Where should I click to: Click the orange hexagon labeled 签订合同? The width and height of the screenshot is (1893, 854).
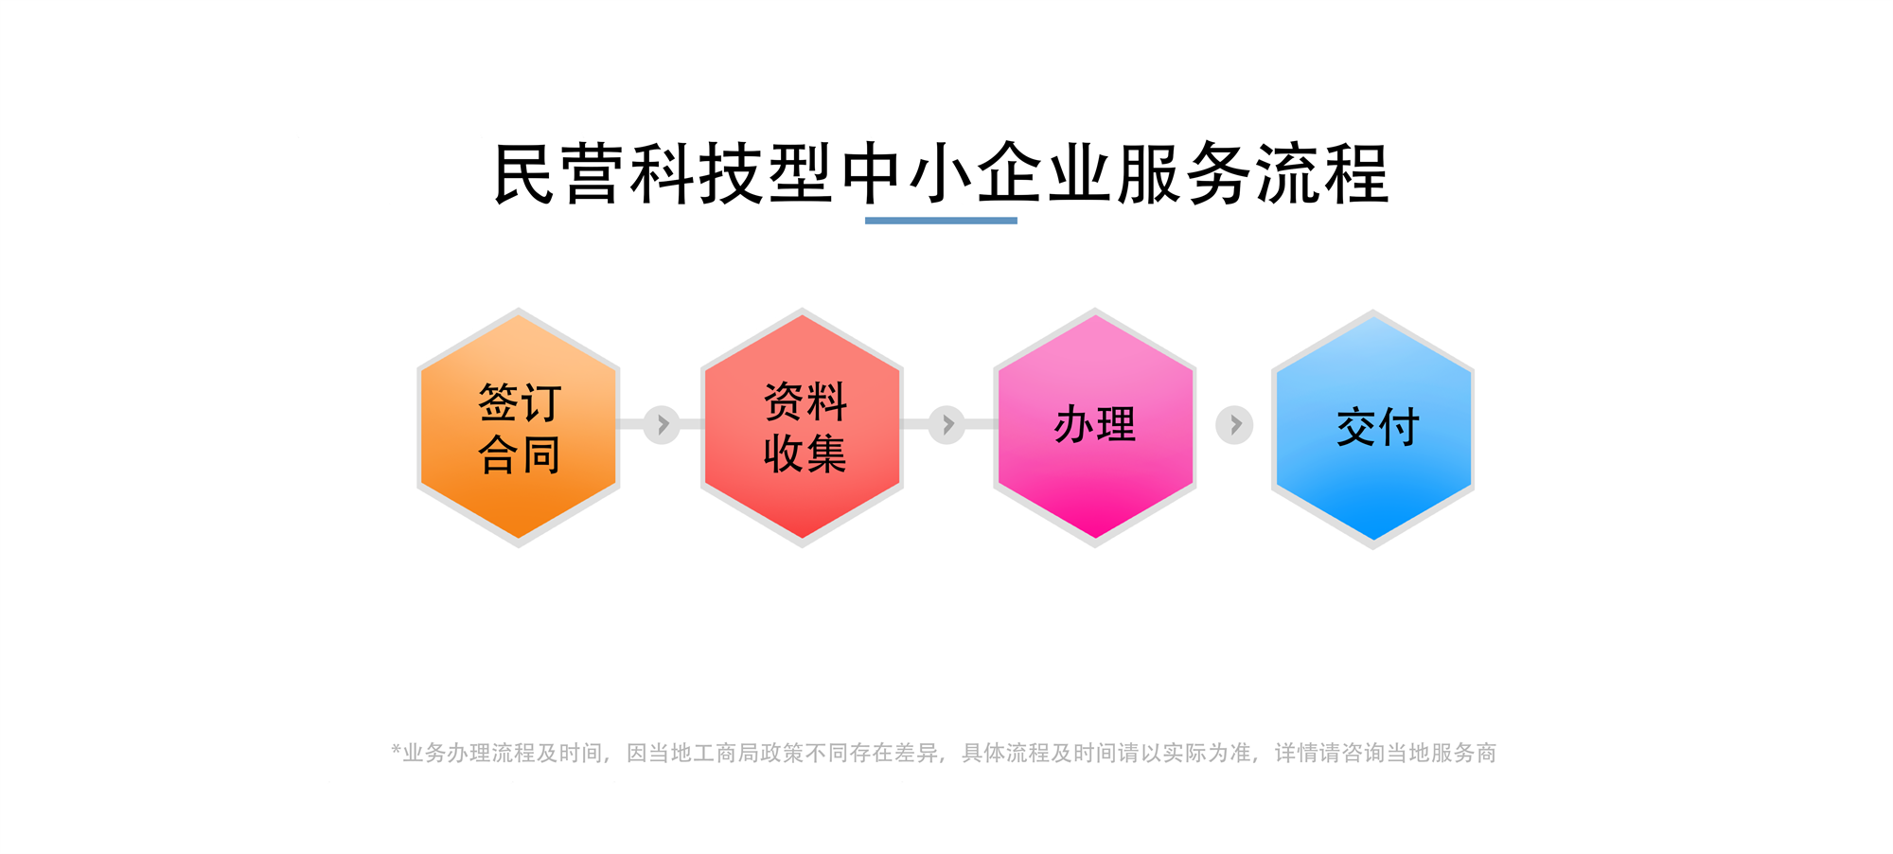(x=519, y=427)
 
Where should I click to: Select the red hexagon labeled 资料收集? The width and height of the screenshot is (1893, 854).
(x=802, y=427)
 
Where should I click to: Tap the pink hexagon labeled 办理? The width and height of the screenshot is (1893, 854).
(x=1095, y=427)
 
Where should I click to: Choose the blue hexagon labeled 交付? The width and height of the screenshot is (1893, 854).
(x=1372, y=429)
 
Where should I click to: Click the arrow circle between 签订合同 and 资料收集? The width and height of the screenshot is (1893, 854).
(x=662, y=425)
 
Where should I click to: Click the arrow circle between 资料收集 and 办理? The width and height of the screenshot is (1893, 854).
(x=946, y=425)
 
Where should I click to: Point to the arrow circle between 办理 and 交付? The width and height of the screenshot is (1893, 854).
(x=1234, y=425)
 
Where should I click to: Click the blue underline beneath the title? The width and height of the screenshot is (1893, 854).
(x=941, y=221)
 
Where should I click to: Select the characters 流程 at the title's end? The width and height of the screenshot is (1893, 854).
(x=1323, y=174)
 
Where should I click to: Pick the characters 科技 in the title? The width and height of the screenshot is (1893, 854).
(x=699, y=174)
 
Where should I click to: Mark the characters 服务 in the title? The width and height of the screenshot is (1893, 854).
(x=1184, y=174)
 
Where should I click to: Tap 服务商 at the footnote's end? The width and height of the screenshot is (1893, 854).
(x=1463, y=753)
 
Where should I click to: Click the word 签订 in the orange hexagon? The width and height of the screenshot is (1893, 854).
(x=520, y=402)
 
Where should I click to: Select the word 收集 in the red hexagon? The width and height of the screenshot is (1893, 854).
(x=805, y=454)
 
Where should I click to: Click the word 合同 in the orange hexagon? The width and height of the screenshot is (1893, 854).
(x=520, y=454)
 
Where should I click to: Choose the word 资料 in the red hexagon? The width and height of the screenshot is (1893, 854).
(x=805, y=401)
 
